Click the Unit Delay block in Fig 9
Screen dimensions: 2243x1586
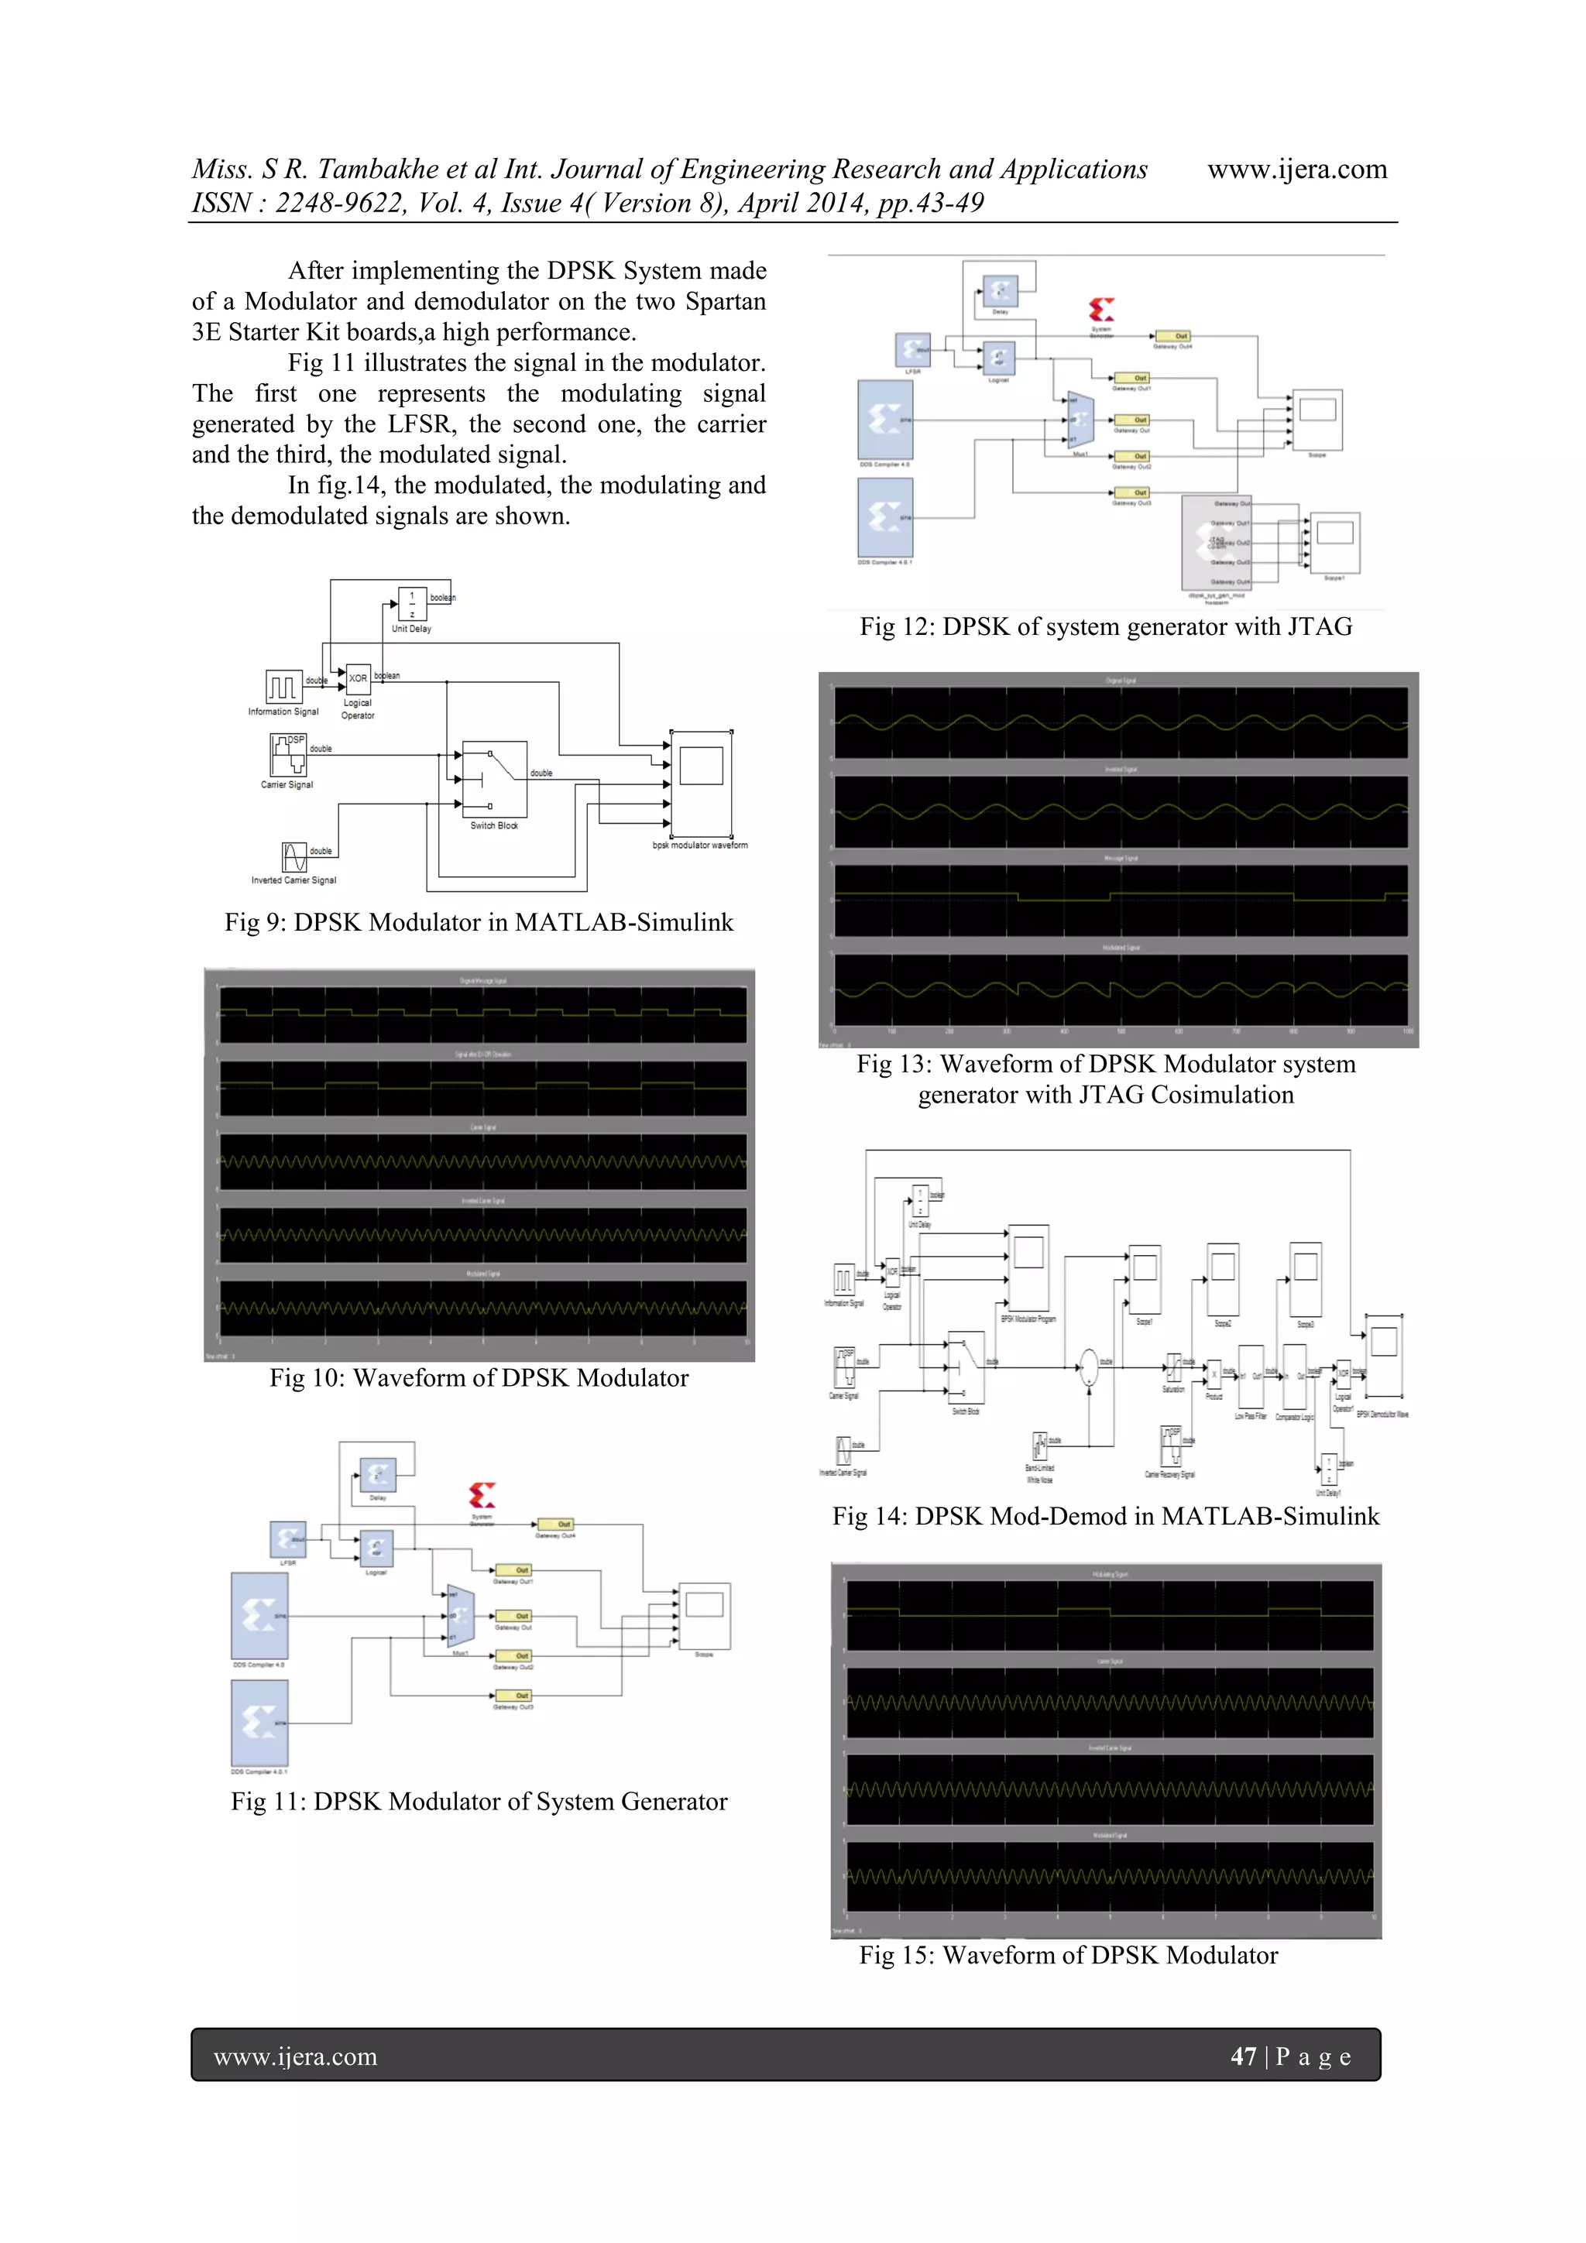[x=411, y=604]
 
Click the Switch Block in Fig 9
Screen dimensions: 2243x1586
[x=493, y=779]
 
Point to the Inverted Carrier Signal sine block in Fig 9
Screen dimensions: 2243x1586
[x=294, y=857]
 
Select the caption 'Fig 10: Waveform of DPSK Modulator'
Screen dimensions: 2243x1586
[x=479, y=1377]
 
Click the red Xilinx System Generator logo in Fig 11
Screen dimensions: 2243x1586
[x=482, y=1494]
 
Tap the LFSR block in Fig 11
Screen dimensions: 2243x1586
[x=287, y=1540]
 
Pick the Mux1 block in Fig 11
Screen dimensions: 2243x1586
[x=459, y=1616]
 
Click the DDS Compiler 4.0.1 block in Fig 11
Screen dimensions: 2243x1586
[x=259, y=1722]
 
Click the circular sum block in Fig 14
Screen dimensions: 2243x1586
[x=1087, y=1367]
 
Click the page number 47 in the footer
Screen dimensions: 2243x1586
[x=1243, y=2056]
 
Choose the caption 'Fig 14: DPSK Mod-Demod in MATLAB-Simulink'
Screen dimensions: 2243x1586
[x=1105, y=1516]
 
